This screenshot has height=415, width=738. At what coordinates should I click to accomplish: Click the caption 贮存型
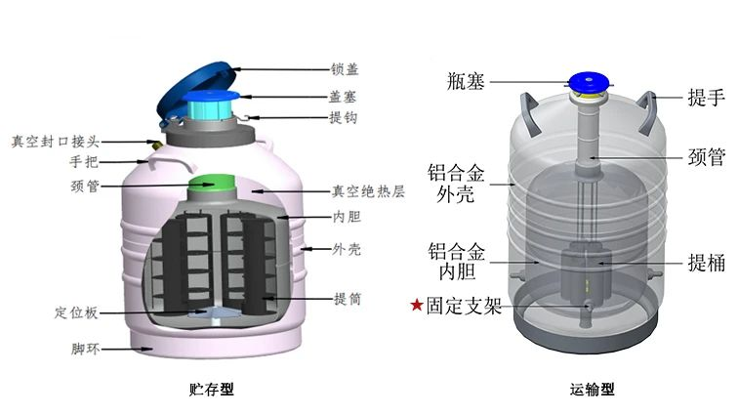click(x=209, y=390)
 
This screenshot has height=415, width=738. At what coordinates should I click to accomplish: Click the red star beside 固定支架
click(x=417, y=307)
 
